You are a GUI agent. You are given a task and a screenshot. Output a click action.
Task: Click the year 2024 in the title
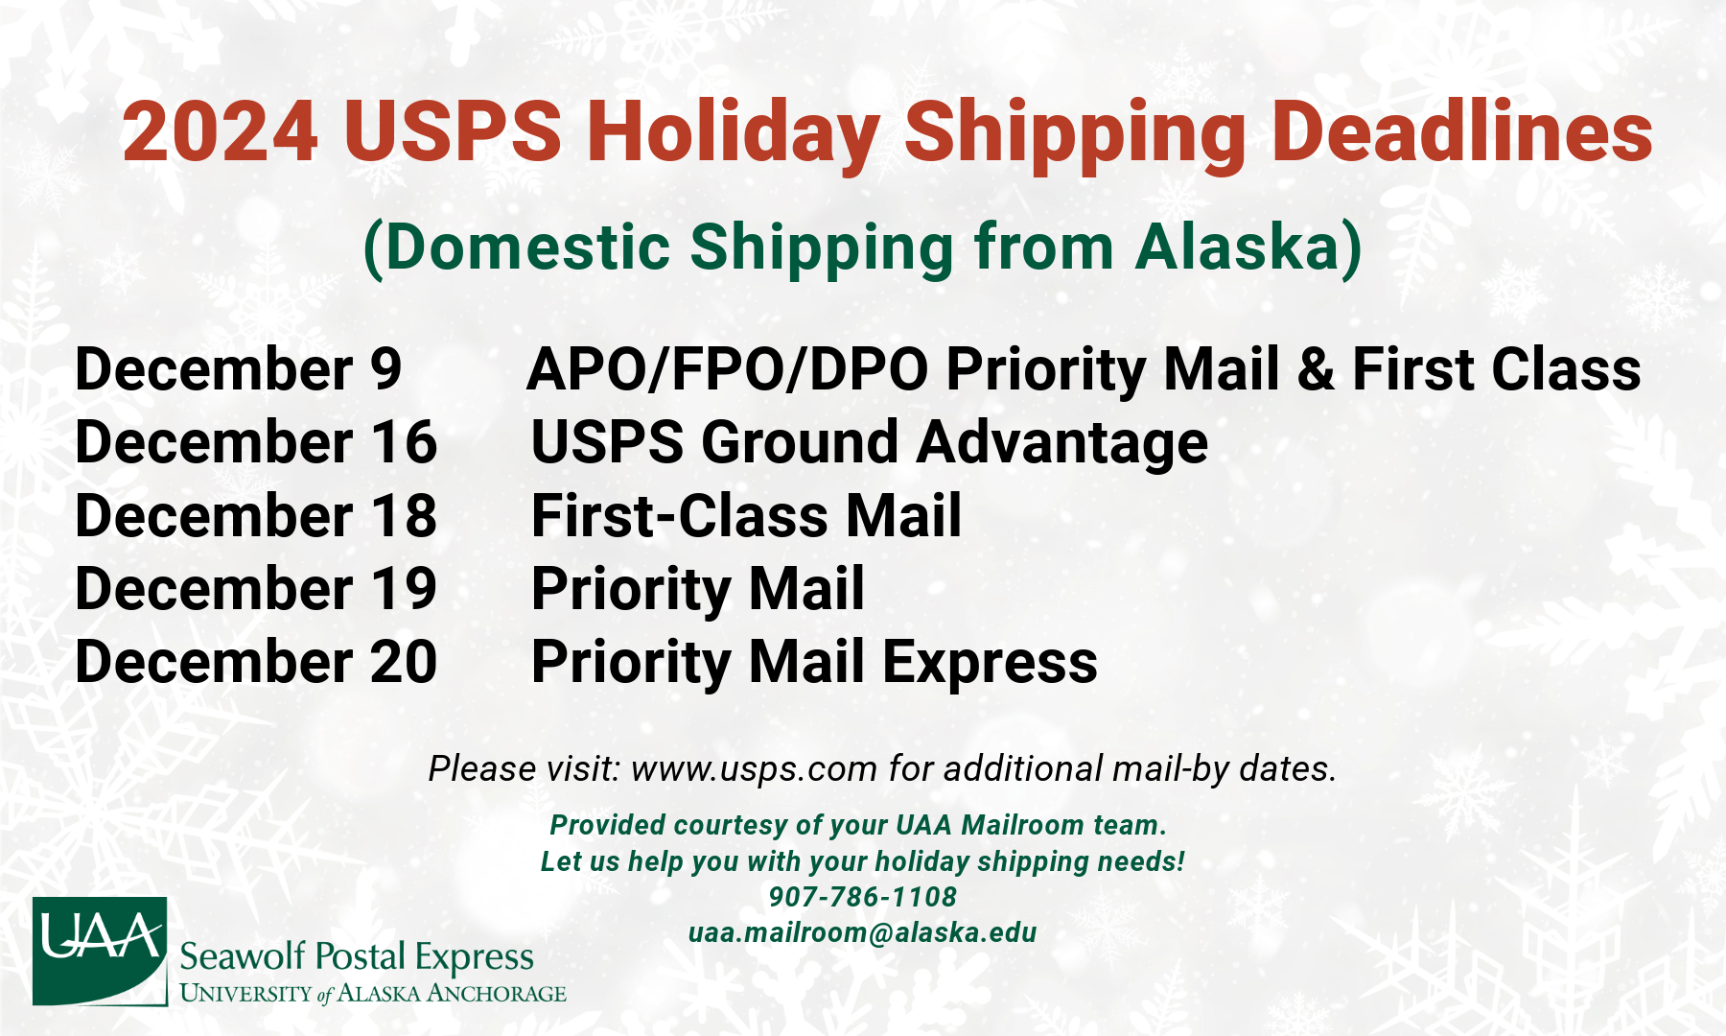pyautogui.click(x=221, y=131)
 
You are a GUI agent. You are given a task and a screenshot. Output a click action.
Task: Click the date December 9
pyautogui.click(x=239, y=369)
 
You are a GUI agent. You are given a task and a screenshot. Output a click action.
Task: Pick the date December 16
pyautogui.click(x=256, y=442)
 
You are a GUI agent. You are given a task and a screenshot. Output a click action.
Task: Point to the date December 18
pyautogui.click(x=256, y=515)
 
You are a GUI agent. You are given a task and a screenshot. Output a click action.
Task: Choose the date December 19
pyautogui.click(x=256, y=588)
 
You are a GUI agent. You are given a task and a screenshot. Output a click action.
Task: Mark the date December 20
pyautogui.click(x=256, y=661)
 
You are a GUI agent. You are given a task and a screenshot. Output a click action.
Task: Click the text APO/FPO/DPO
pyautogui.click(x=728, y=369)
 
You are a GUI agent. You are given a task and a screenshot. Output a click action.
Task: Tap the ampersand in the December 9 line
pyautogui.click(x=1316, y=369)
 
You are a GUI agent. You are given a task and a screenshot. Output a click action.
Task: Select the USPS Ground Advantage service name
pyautogui.click(x=870, y=444)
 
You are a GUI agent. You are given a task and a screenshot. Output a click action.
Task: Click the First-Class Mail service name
pyautogui.click(x=746, y=515)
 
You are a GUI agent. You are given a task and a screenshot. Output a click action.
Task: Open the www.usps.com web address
pyautogui.click(x=754, y=769)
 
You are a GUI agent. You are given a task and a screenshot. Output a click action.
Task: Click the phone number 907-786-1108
pyautogui.click(x=863, y=897)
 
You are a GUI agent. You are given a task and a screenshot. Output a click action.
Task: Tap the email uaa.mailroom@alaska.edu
pyautogui.click(x=863, y=932)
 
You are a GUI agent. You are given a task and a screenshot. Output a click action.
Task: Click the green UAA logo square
pyautogui.click(x=100, y=951)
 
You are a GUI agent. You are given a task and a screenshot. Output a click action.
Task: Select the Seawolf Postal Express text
pyautogui.click(x=357, y=957)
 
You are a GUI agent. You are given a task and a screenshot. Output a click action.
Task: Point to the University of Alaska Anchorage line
pyautogui.click(x=373, y=993)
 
